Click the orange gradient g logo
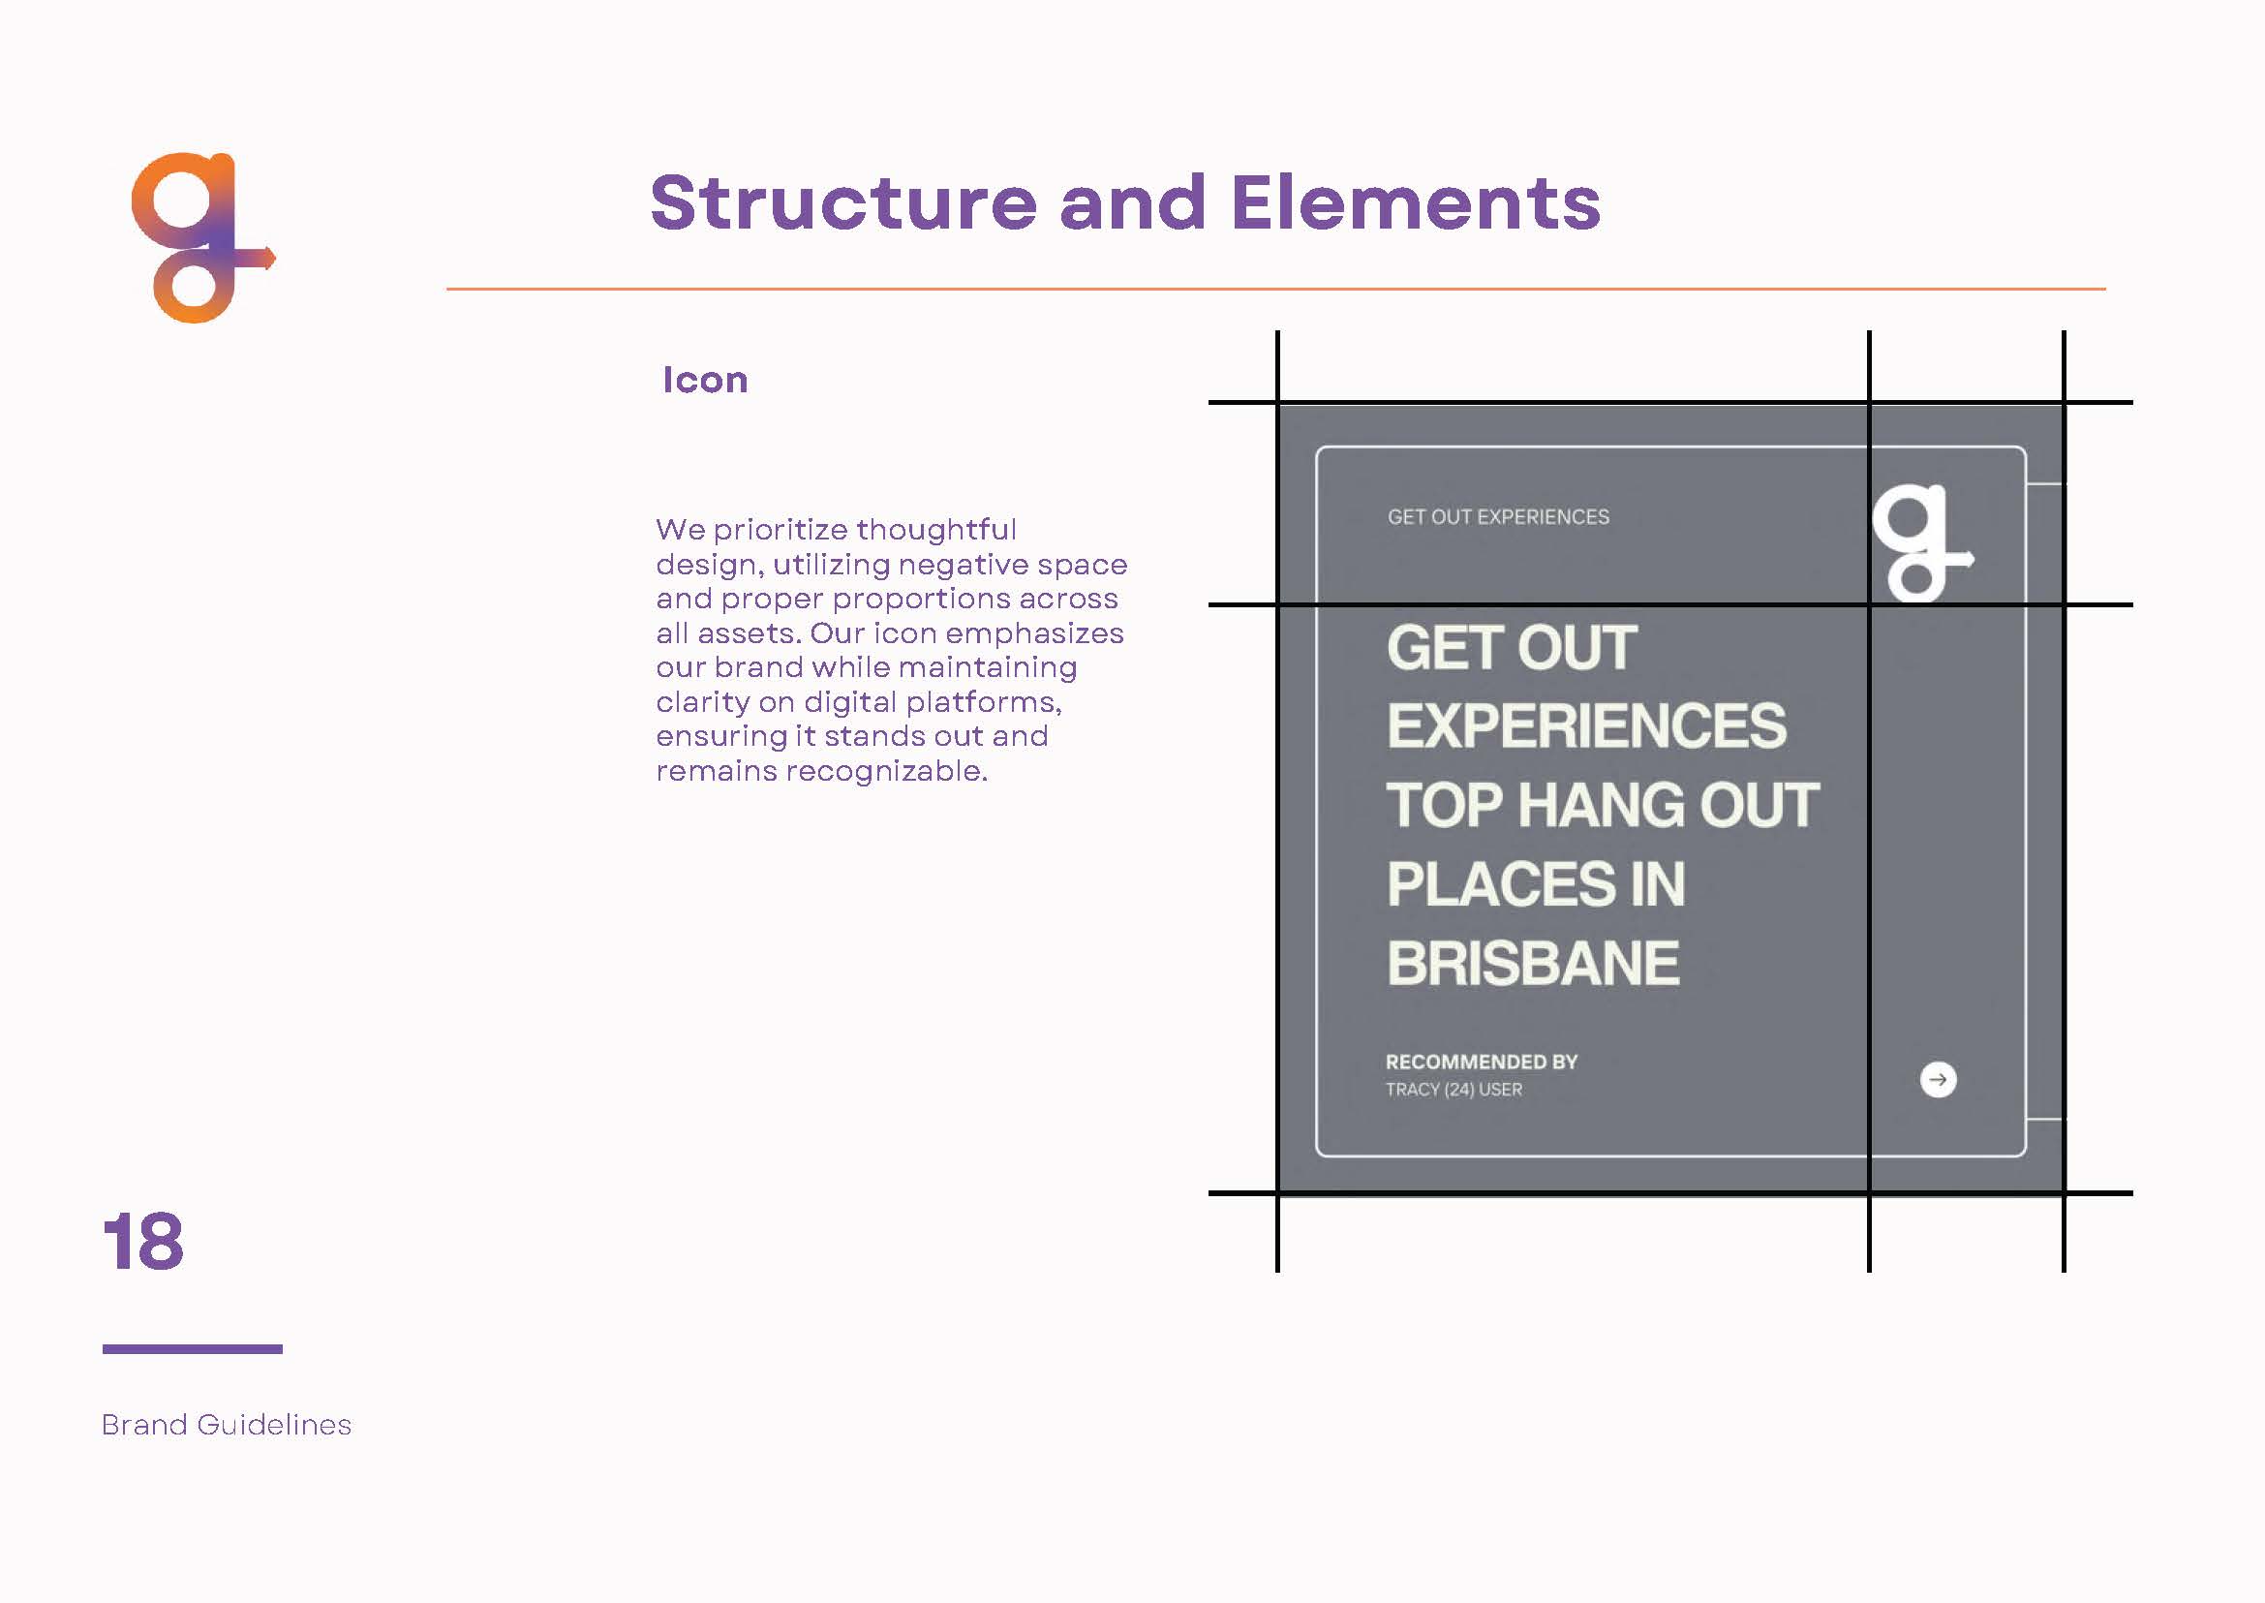pyautogui.click(x=202, y=238)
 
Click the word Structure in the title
pyautogui.click(x=842, y=202)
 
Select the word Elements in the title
pyautogui.click(x=1415, y=202)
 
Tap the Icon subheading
pyautogui.click(x=705, y=380)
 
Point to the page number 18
pyautogui.click(x=143, y=1242)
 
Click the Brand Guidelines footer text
pyautogui.click(x=226, y=1425)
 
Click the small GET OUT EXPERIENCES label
pyautogui.click(x=1498, y=517)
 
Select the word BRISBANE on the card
pyautogui.click(x=1533, y=964)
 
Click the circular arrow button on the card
pyautogui.click(x=1939, y=1080)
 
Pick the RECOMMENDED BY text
pyautogui.click(x=1482, y=1063)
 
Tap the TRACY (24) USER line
pyautogui.click(x=1454, y=1090)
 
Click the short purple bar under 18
pyautogui.click(x=193, y=1348)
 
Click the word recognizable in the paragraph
pyautogui.click(x=886, y=771)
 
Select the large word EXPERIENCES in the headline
pyautogui.click(x=1586, y=726)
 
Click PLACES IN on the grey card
pyautogui.click(x=1536, y=884)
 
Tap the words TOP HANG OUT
pyautogui.click(x=1603, y=806)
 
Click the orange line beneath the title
pyautogui.click(x=1276, y=290)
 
